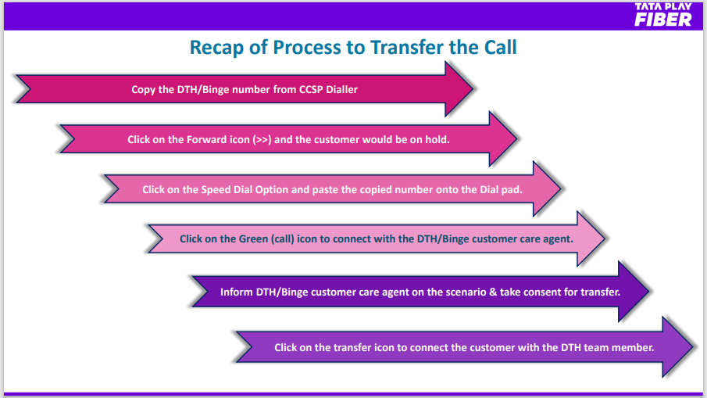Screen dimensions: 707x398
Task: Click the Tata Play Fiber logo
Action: [662, 15]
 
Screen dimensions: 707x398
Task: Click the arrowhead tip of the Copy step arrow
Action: [473, 89]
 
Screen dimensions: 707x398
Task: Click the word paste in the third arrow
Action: [325, 190]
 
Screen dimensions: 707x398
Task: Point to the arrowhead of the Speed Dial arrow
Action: [547, 188]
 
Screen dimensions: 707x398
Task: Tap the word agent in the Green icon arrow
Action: [559, 239]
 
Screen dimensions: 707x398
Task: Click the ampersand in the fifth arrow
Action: [493, 292]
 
